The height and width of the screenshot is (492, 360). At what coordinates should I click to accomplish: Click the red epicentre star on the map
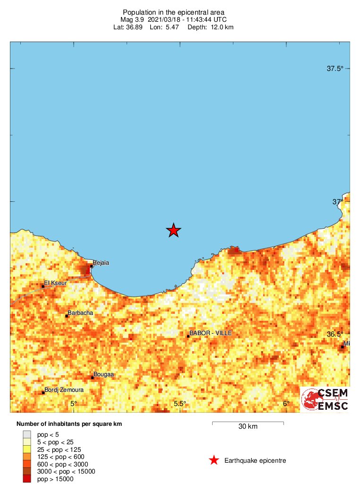174,230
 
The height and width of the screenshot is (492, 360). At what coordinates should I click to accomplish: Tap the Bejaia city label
101,263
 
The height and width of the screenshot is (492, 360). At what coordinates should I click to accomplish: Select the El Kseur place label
55,284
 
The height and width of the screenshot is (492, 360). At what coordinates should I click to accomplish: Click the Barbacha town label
80,313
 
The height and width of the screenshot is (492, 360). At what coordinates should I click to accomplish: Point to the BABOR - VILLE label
211,333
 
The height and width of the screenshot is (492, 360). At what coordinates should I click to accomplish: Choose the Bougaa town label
104,375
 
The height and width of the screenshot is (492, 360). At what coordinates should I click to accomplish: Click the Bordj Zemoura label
64,390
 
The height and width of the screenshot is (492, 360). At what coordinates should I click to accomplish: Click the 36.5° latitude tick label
335,334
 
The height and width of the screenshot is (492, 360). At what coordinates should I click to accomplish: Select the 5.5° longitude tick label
180,404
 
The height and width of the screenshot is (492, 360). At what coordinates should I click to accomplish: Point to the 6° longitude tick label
286,404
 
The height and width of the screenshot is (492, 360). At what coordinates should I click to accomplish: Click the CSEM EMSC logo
326,399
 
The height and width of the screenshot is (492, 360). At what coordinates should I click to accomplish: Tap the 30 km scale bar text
248,427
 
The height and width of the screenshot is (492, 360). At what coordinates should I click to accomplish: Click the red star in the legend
214,460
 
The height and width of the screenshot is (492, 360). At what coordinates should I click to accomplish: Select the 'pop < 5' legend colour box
27,434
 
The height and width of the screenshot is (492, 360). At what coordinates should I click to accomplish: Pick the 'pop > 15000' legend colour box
27,479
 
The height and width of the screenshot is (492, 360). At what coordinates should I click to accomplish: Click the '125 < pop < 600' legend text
60,457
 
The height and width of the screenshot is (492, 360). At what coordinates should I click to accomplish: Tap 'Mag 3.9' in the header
132,19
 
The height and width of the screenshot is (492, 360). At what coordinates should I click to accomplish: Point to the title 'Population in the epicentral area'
173,12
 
